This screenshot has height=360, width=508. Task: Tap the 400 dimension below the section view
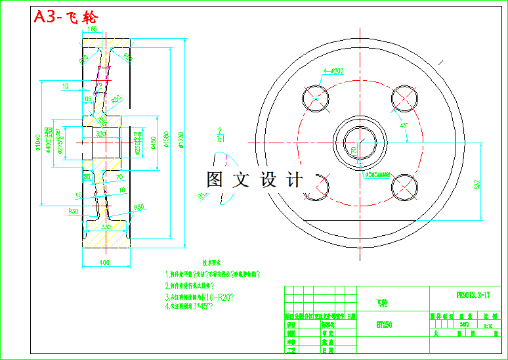pos(105,263)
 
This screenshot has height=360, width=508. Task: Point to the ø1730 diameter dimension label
pos(180,139)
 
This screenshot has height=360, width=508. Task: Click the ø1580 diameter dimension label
pos(167,139)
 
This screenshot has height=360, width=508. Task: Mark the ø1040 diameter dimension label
pos(39,139)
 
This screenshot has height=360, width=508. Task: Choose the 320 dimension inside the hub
pos(101,133)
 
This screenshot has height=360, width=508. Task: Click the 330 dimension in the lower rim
pos(105,227)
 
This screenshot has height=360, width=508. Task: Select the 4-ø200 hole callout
pos(334,71)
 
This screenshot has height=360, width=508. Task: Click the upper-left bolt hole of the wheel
pos(316,98)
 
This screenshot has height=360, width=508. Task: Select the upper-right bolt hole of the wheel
pos(404,98)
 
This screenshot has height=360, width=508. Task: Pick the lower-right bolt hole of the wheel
pos(404,187)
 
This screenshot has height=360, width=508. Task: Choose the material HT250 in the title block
pos(385,324)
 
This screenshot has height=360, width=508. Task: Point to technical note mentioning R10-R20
pos(200,296)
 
